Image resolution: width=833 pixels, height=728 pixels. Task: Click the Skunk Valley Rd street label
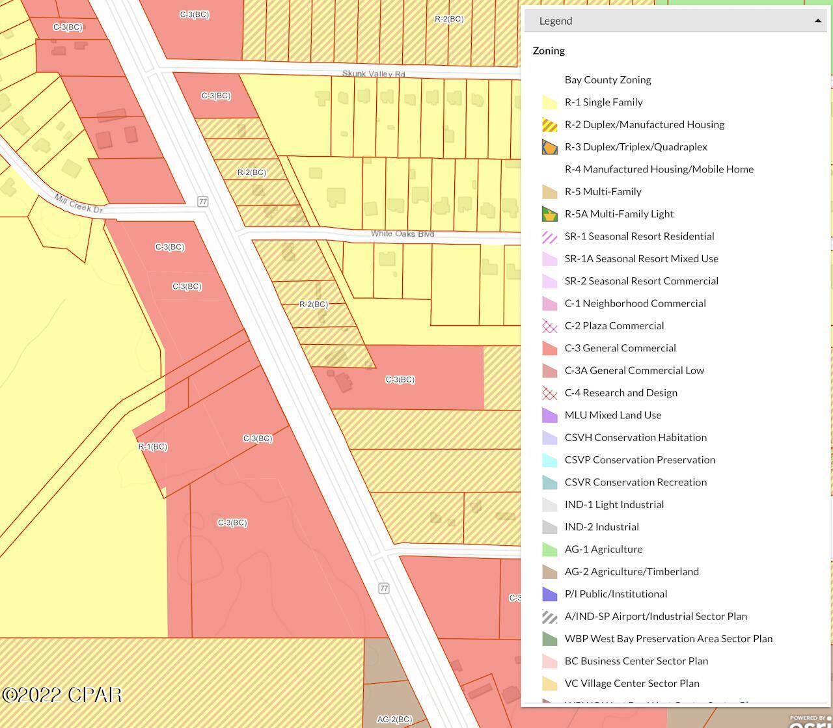click(374, 74)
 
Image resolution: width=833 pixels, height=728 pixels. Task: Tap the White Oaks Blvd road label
click(402, 234)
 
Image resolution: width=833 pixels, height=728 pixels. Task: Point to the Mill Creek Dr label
click(79, 204)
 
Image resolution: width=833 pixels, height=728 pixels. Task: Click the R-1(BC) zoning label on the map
click(153, 447)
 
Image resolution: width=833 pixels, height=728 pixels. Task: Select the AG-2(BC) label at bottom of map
click(394, 719)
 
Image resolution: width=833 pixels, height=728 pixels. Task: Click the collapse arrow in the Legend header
click(817, 21)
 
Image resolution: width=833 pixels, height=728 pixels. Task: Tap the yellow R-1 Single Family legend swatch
click(550, 102)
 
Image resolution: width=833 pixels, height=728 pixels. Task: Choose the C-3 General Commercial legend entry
click(620, 348)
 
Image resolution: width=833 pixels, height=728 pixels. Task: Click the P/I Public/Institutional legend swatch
click(550, 594)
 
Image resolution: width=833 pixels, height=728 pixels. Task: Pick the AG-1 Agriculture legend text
click(603, 549)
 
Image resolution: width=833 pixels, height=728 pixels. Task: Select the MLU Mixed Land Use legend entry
click(612, 415)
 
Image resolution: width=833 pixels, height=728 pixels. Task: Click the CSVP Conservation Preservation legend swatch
click(550, 460)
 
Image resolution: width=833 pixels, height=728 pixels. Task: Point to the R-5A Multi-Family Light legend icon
click(550, 214)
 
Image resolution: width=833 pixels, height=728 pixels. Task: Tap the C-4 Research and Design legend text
click(621, 393)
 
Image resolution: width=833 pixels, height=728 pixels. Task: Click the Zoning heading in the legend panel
click(549, 51)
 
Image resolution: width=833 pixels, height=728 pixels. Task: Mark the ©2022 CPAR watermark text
click(62, 695)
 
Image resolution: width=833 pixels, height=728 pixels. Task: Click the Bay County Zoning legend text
click(608, 80)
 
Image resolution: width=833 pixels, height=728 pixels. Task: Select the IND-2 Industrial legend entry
click(601, 527)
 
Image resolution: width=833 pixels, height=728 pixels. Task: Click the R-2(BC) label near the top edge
click(449, 19)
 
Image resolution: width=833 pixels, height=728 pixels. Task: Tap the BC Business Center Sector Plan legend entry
click(636, 661)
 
